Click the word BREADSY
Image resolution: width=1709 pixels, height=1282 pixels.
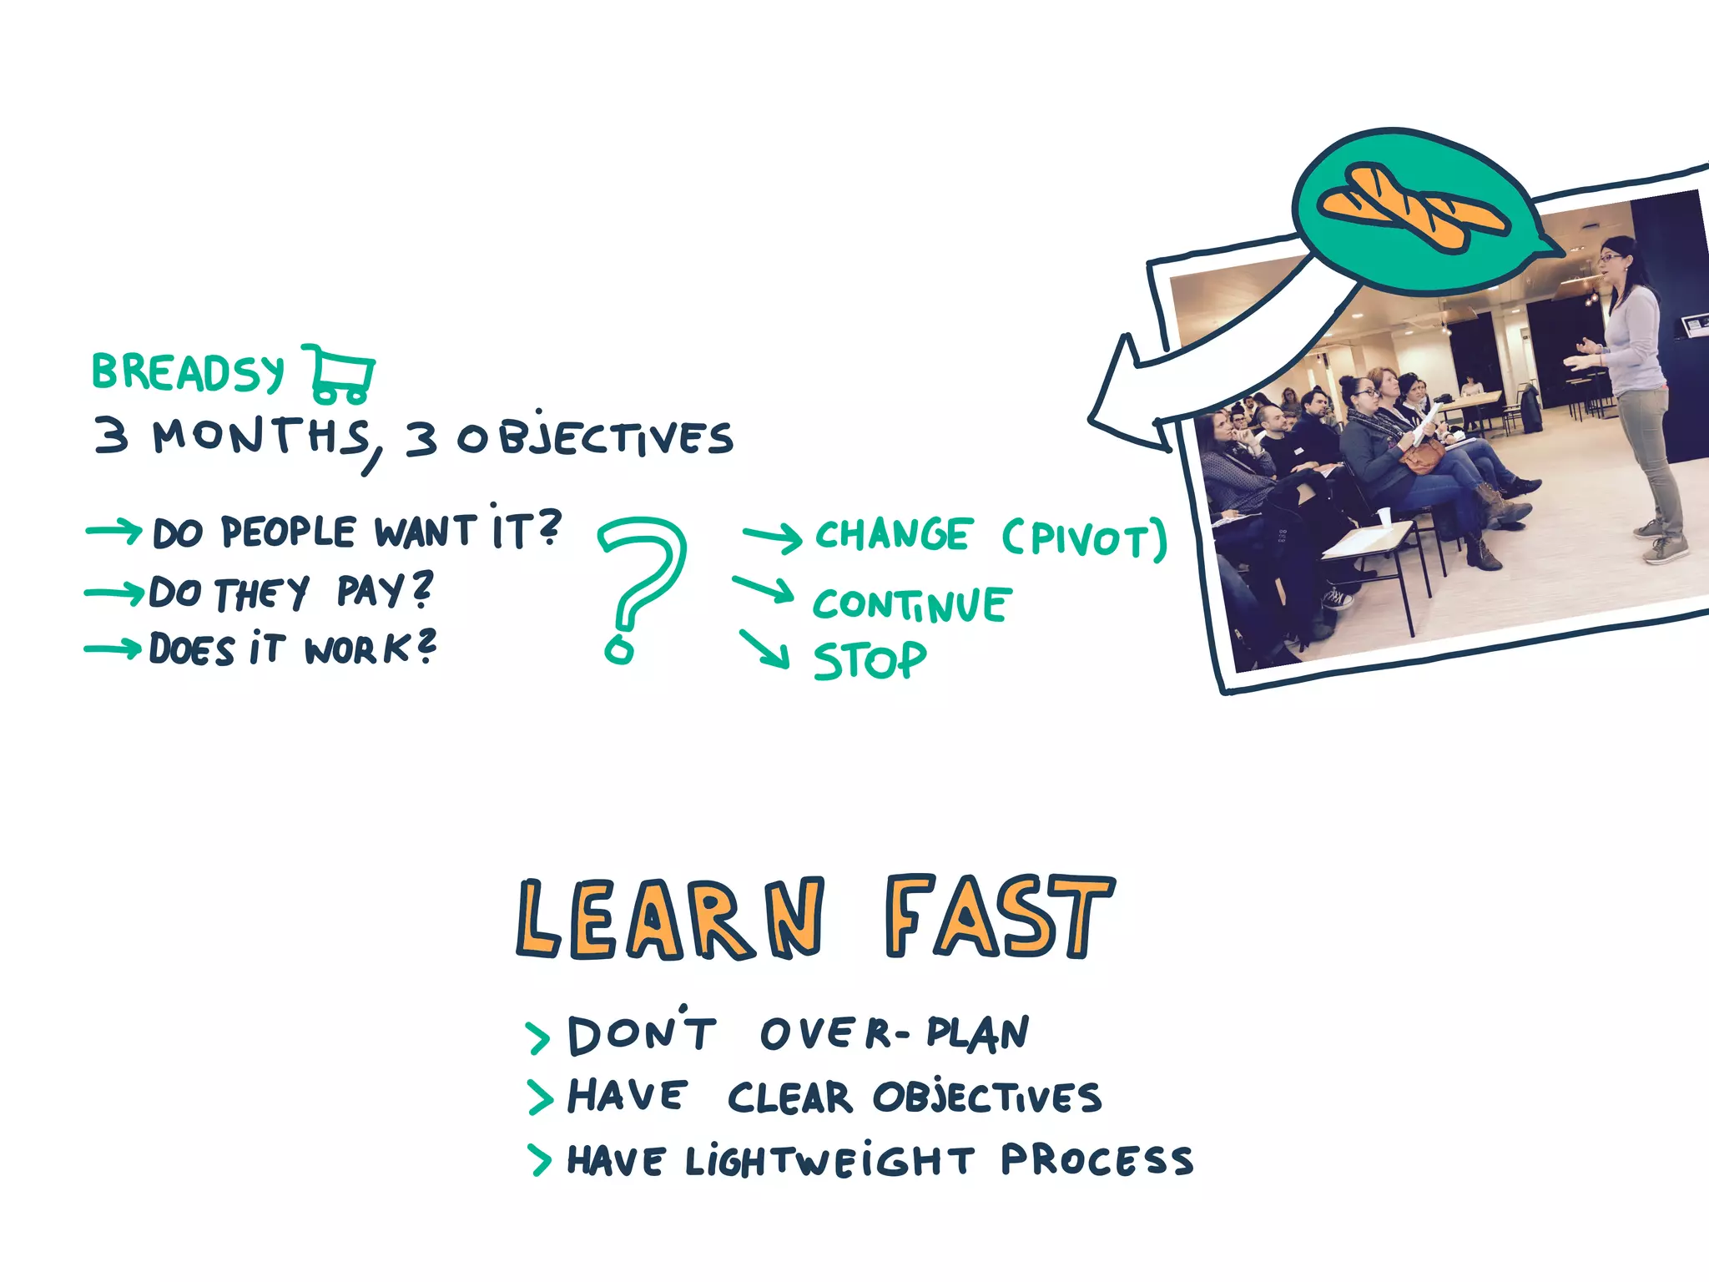click(x=188, y=372)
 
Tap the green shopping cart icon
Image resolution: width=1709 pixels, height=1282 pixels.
click(x=340, y=373)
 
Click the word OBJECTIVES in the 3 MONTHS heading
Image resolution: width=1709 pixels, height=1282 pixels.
click(x=594, y=438)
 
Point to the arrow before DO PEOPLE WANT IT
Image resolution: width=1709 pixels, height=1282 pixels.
click(x=114, y=531)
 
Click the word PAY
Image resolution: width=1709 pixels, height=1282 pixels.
click(x=384, y=591)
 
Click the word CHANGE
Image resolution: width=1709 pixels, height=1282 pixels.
click(x=892, y=534)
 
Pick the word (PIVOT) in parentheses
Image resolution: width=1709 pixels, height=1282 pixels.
click(x=1084, y=539)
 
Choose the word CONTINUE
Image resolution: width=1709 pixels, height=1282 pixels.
click(x=912, y=604)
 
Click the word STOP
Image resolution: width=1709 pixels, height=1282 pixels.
click(x=870, y=660)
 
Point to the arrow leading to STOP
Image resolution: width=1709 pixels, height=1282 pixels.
click(x=764, y=649)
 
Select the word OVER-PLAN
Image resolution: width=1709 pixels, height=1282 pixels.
click(x=895, y=1033)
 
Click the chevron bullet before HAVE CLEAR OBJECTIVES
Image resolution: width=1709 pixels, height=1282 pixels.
click(x=540, y=1097)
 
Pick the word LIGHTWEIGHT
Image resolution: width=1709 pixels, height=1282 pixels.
click(x=829, y=1160)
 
